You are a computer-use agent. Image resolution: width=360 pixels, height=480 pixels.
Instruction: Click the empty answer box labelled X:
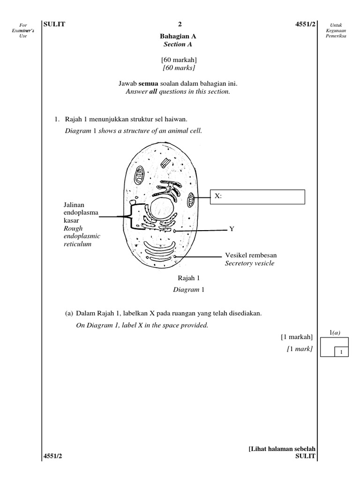(x=262, y=197)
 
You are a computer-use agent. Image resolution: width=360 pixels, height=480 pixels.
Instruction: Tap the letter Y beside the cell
(x=231, y=229)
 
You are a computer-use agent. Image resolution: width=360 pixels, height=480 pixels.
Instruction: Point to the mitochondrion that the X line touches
(x=191, y=199)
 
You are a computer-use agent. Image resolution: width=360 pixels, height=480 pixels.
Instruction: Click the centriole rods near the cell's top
(x=165, y=162)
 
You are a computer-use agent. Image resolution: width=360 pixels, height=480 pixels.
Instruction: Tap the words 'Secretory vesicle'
(x=249, y=263)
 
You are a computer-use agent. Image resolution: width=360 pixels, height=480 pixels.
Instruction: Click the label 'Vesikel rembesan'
(x=250, y=255)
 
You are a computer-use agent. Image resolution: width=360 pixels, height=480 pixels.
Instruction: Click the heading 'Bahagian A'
(x=178, y=36)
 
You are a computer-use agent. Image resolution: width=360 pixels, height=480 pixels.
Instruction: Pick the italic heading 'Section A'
(x=178, y=45)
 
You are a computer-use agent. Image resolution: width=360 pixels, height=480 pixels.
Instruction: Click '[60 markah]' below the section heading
(x=178, y=60)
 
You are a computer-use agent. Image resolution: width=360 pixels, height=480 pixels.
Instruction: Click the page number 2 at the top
(x=179, y=25)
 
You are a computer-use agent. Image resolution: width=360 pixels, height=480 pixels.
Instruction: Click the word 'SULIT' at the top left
(x=54, y=25)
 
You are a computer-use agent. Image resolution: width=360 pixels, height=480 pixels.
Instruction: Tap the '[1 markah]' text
(x=296, y=337)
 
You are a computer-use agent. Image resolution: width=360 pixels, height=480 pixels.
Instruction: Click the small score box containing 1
(x=342, y=352)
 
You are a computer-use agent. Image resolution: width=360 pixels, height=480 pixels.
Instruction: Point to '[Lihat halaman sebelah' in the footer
(x=282, y=449)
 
